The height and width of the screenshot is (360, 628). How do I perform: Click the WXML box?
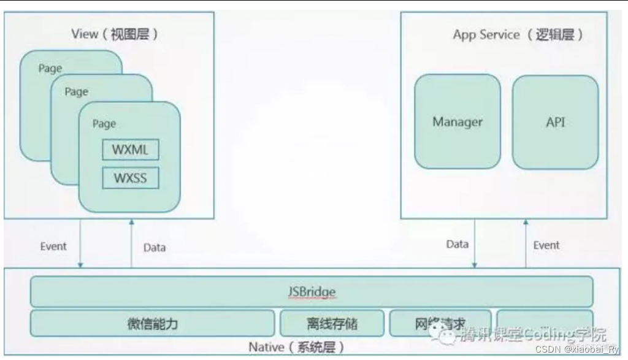click(130, 150)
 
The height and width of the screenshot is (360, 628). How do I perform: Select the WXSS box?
click(130, 178)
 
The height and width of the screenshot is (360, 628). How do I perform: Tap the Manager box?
click(458, 121)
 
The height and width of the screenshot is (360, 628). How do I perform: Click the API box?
click(555, 121)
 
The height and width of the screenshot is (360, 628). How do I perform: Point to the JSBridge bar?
click(312, 291)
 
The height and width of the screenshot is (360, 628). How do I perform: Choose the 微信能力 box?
click(152, 323)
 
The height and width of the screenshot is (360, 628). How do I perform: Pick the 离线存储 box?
click(332, 323)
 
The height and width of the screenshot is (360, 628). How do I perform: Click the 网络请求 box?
click(440, 323)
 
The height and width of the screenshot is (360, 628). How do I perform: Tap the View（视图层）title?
click(115, 34)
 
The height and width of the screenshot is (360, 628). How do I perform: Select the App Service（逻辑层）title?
click(518, 34)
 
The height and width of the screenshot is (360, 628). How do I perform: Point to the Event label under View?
click(53, 246)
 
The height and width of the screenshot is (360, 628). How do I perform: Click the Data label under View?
click(155, 248)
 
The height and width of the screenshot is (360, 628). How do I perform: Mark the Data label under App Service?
click(458, 244)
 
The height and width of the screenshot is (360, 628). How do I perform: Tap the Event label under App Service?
click(546, 245)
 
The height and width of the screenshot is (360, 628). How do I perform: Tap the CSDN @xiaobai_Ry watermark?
click(576, 349)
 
